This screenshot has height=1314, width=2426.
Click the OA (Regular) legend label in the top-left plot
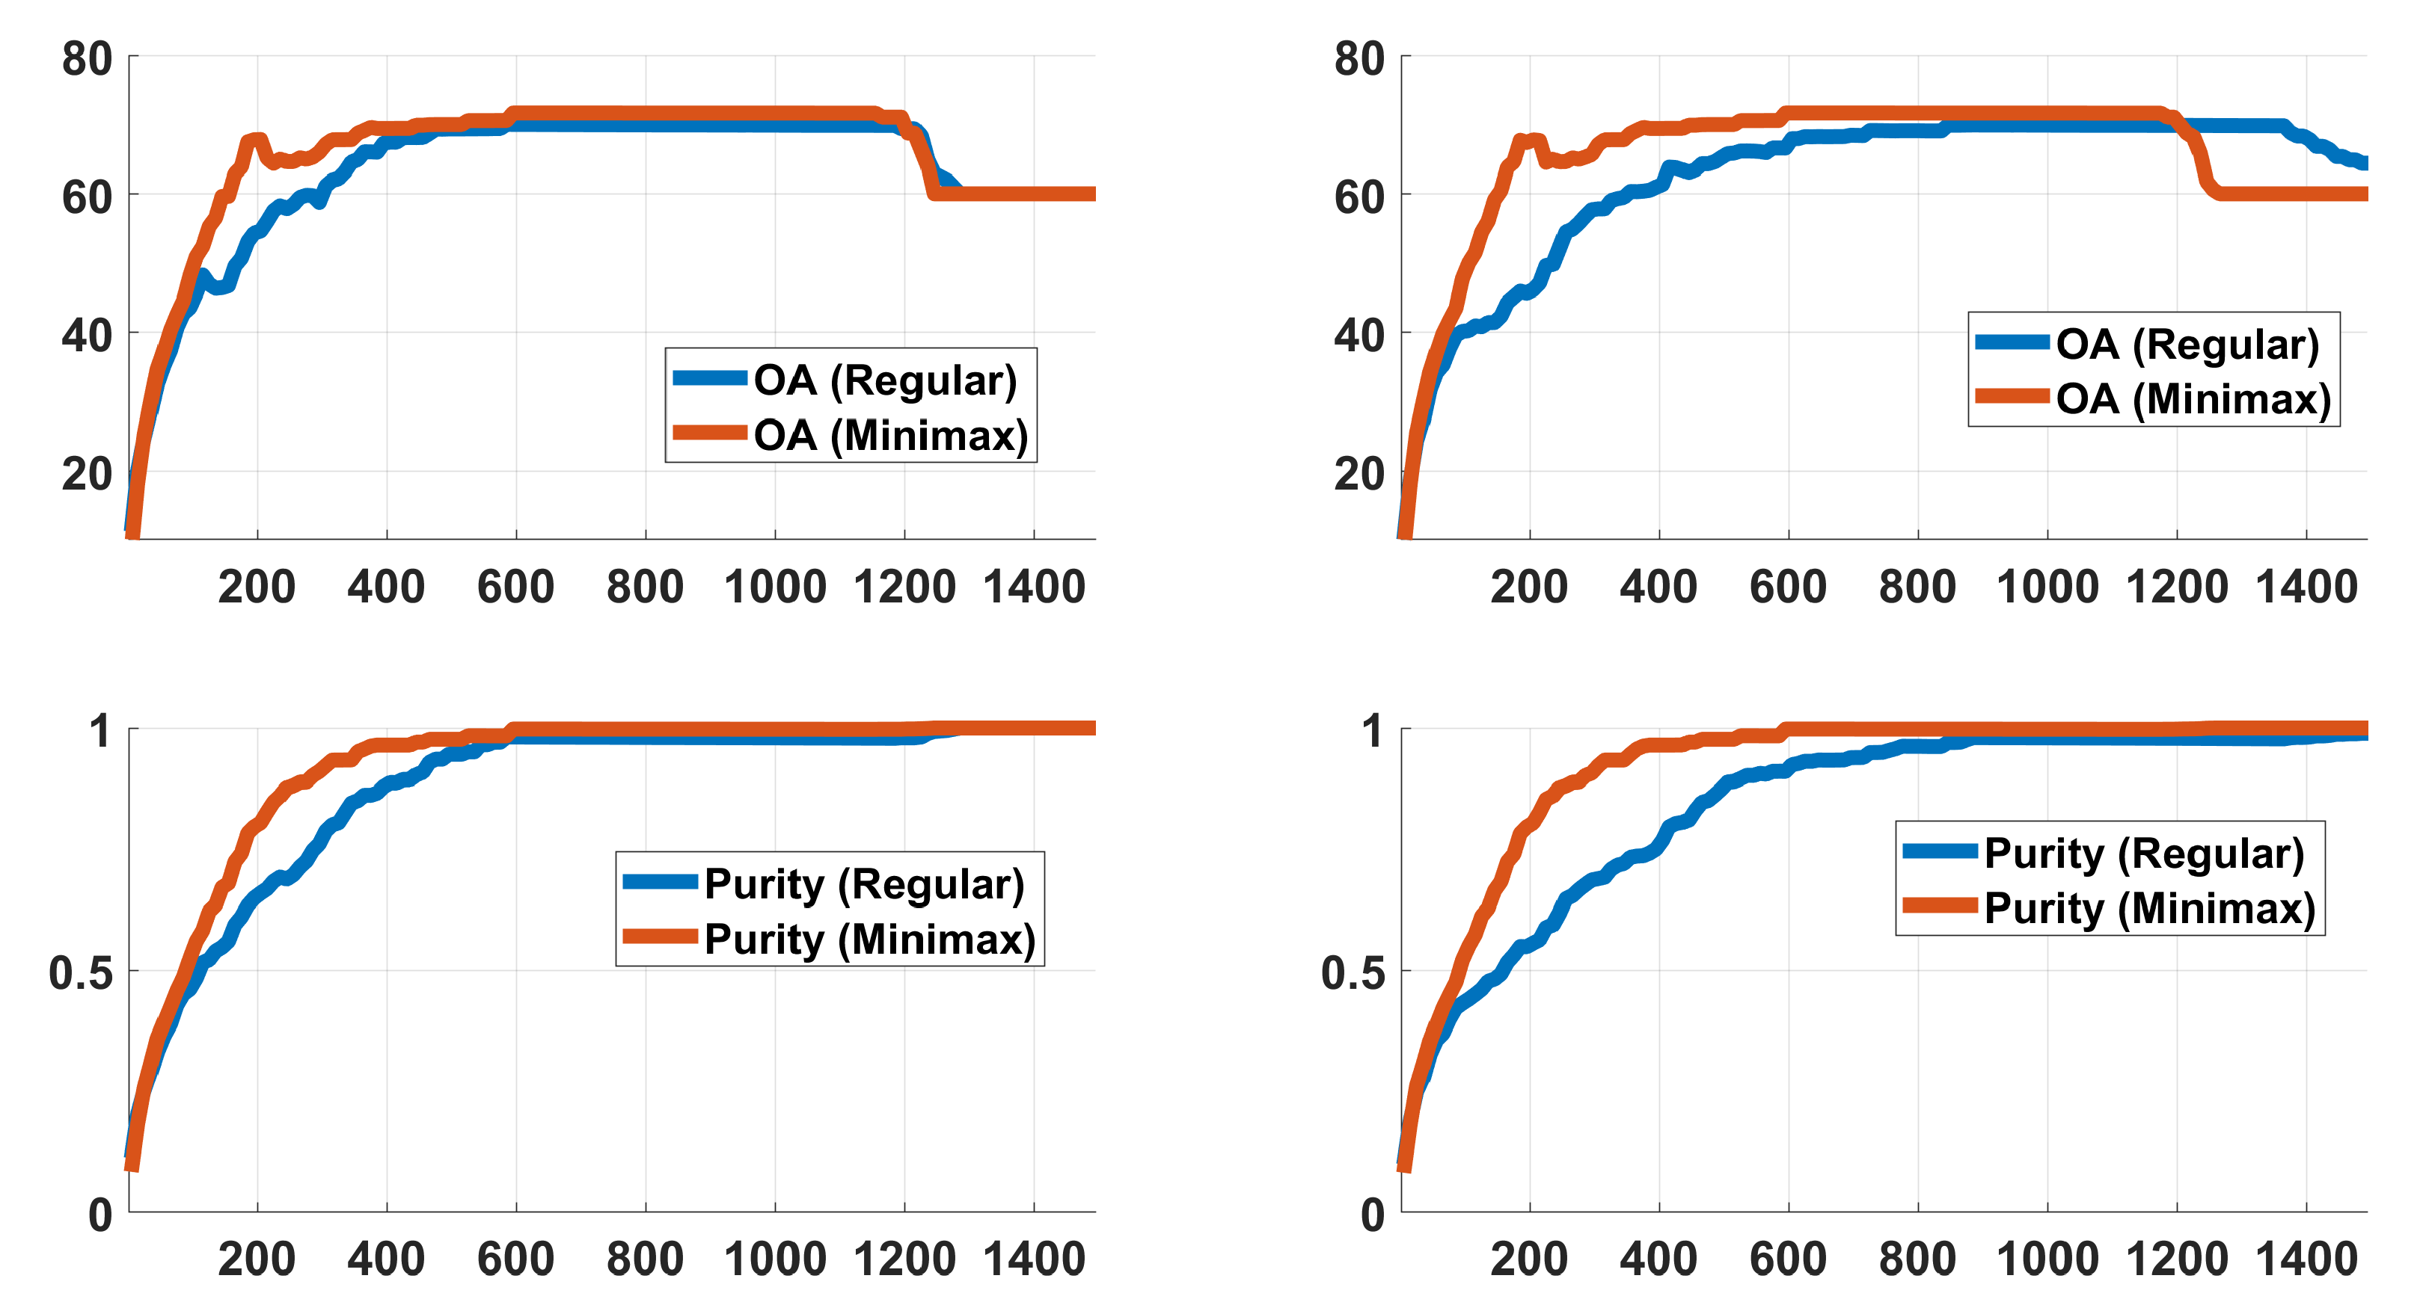point(885,380)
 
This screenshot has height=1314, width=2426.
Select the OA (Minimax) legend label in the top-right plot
point(2193,399)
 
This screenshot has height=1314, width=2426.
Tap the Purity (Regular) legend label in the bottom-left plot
point(863,883)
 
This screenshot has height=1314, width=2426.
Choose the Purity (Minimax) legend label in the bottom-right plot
point(2149,909)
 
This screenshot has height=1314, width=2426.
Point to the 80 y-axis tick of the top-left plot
point(87,59)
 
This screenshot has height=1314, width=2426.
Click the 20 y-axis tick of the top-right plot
point(1359,473)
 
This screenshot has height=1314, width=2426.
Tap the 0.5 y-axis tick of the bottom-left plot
point(80,972)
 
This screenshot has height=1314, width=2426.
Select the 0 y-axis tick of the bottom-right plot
point(1372,1215)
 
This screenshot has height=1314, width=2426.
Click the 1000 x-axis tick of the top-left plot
point(774,587)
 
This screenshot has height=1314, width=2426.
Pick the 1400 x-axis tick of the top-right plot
point(2306,587)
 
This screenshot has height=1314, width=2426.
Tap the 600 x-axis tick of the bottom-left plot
point(515,1259)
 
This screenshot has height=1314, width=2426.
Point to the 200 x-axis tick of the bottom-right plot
point(1528,1259)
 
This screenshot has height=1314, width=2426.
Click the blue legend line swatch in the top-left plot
point(710,378)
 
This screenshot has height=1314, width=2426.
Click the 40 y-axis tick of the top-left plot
point(87,335)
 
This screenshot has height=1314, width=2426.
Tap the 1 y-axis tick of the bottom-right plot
point(1373,731)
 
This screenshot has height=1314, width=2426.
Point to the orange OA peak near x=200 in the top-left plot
point(254,139)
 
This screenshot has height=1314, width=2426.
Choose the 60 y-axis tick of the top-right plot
point(1359,197)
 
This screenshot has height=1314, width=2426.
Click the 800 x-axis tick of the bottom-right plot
point(1917,1259)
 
